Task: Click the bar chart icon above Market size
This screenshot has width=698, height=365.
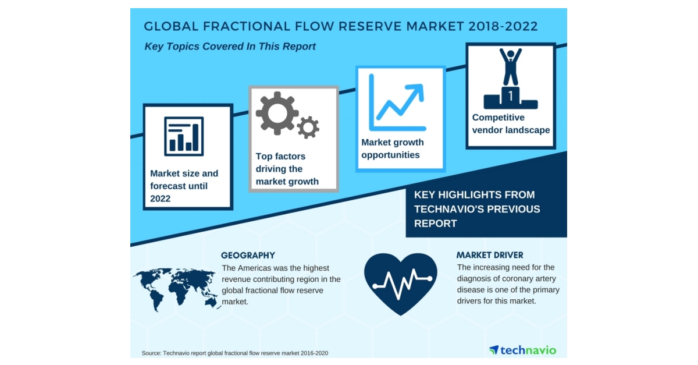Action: tap(184, 136)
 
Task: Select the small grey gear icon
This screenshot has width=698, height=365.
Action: tap(308, 127)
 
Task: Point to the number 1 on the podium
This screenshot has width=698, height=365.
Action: tap(510, 95)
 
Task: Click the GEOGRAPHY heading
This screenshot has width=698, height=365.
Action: tap(248, 256)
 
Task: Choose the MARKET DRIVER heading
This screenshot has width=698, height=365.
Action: tap(490, 255)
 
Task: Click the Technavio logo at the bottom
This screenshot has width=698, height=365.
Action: tap(522, 350)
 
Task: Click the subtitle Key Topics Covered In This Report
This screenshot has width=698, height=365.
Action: tap(230, 46)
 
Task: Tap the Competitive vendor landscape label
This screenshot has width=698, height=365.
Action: tap(511, 124)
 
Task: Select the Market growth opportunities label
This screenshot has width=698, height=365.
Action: tap(393, 148)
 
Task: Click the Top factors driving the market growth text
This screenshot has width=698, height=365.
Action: tap(287, 169)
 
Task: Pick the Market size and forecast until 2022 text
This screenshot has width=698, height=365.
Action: tap(184, 186)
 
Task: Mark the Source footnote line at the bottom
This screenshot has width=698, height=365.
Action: tap(238, 353)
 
